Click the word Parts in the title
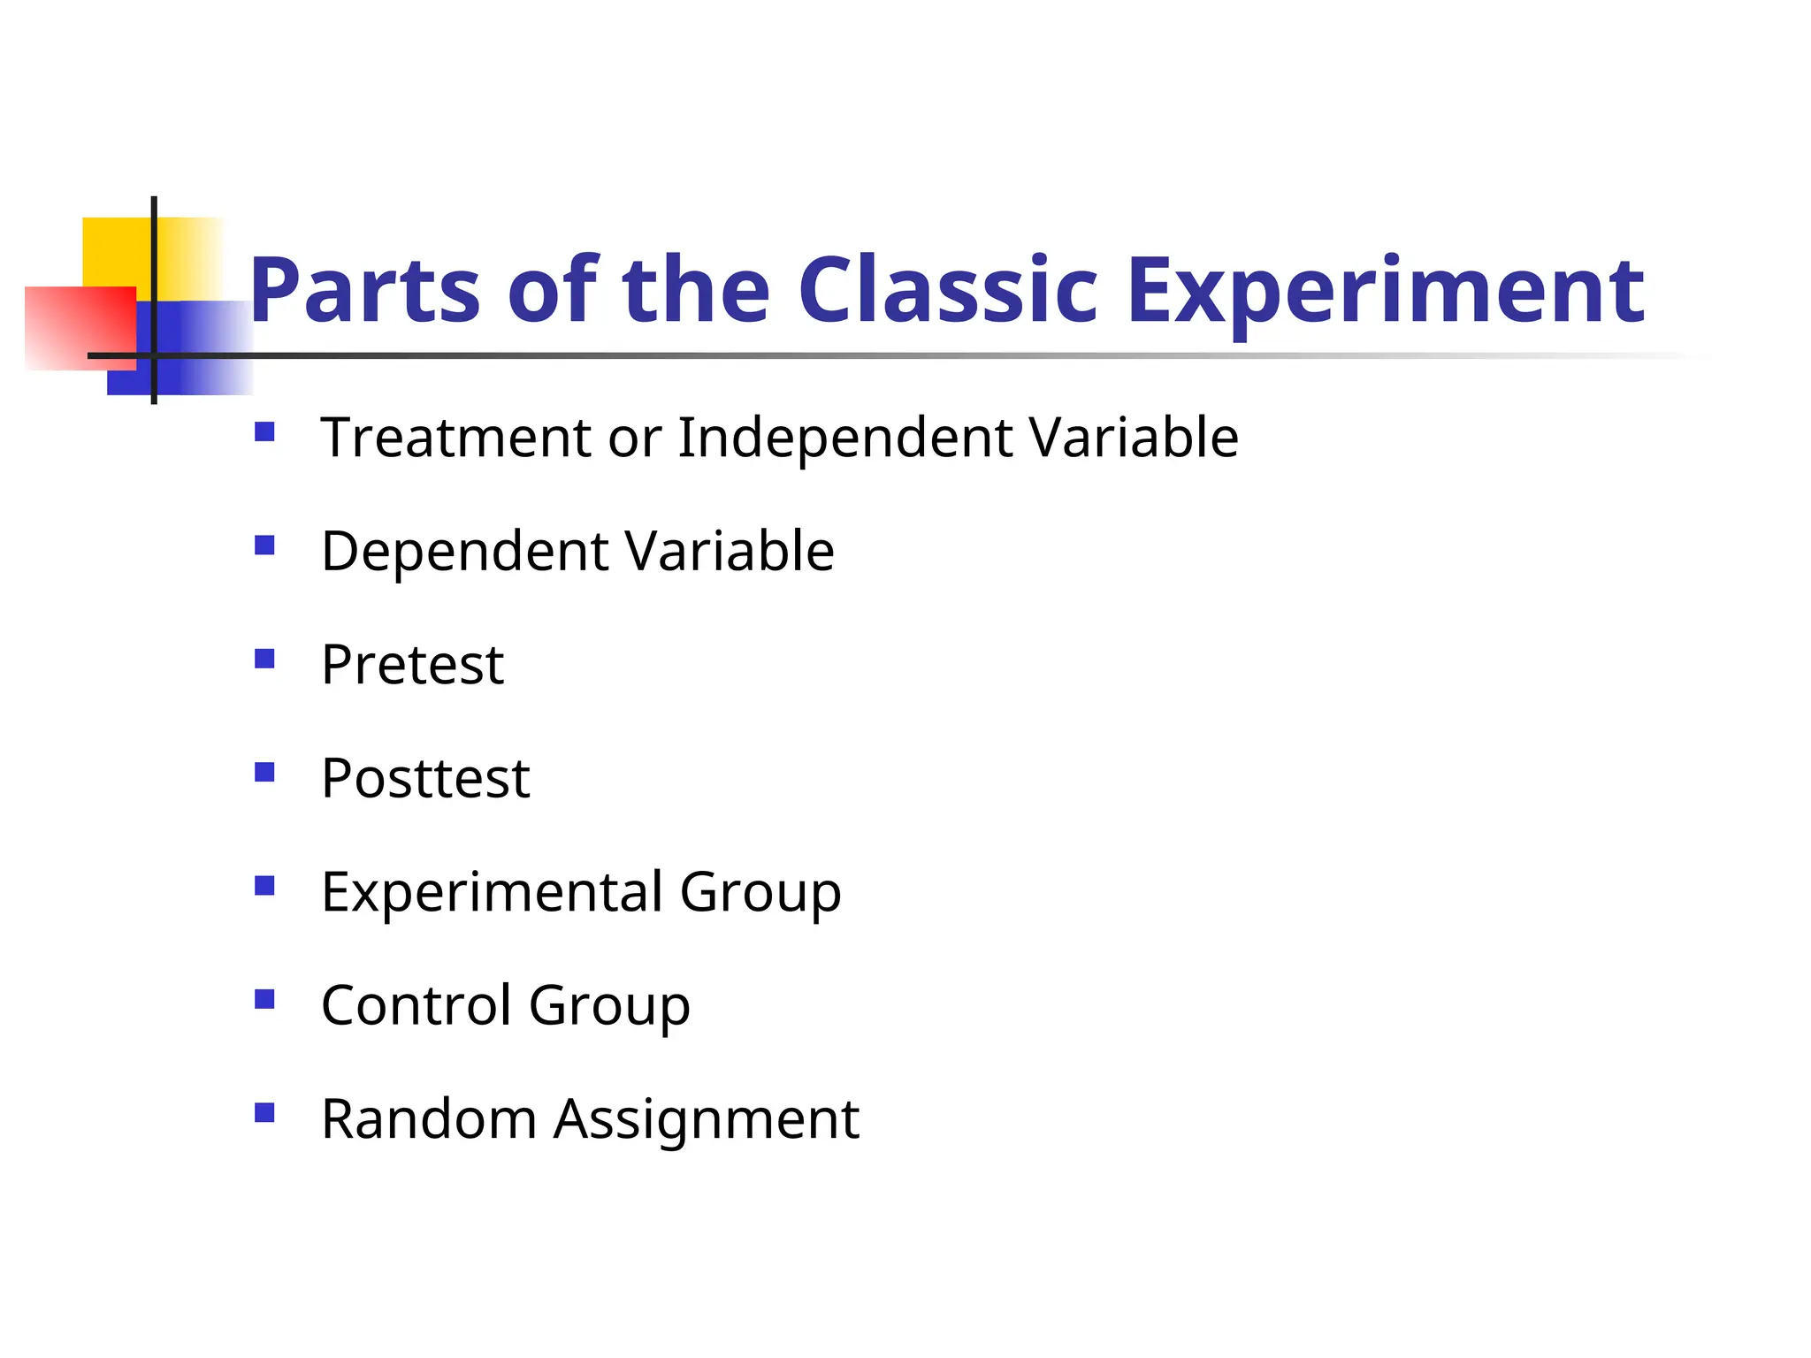[x=364, y=291]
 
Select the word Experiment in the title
[x=1385, y=291]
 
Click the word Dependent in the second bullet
[x=464, y=551]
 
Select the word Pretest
[x=412, y=665]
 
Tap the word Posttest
[x=425, y=778]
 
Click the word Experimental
[x=492, y=891]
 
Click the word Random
[x=429, y=1118]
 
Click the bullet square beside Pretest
[x=264, y=659]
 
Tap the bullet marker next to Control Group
[x=264, y=999]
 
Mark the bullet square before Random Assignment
[x=264, y=1112]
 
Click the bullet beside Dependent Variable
[x=264, y=545]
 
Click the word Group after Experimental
[x=760, y=893]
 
